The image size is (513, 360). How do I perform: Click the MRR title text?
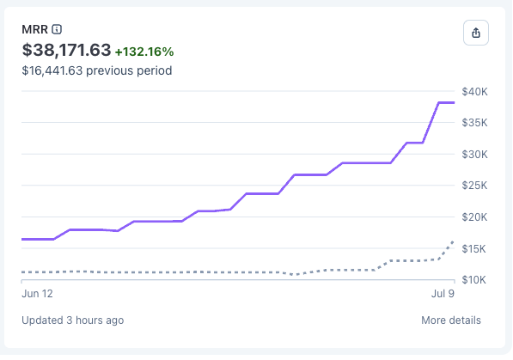coord(34,29)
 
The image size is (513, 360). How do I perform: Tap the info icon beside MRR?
coord(57,29)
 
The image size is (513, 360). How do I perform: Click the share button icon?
coord(476,33)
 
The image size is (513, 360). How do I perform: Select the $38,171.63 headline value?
coord(66,50)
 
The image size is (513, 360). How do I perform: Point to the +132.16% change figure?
coord(144,52)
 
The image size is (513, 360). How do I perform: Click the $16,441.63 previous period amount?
coord(52,70)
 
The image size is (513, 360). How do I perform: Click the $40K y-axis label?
coord(474,92)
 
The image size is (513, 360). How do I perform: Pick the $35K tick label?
coord(474,123)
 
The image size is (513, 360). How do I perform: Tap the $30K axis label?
coord(474,154)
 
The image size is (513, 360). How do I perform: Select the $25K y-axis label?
coord(474,186)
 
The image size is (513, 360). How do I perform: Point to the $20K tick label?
coord(474,217)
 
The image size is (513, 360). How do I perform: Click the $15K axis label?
coord(473,248)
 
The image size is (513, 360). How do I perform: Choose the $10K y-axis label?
coord(473,280)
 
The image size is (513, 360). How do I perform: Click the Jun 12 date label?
coord(37,294)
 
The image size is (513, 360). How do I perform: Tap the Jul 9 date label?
coord(443,294)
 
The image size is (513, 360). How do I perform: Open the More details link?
coord(451,320)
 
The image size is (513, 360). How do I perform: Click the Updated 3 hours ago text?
coord(73,320)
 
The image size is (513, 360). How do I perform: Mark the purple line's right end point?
coord(454,103)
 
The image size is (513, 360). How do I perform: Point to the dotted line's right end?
coord(454,241)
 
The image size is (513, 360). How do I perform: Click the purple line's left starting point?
coord(22,239)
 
